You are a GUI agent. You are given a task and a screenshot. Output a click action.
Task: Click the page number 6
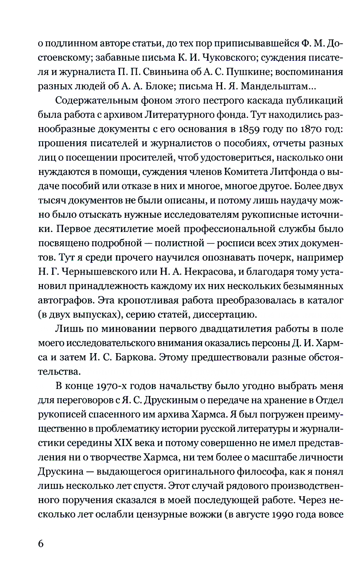(41, 543)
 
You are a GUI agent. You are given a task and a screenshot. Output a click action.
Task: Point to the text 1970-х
(110, 386)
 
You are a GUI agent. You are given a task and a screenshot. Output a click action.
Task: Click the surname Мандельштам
(277, 86)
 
